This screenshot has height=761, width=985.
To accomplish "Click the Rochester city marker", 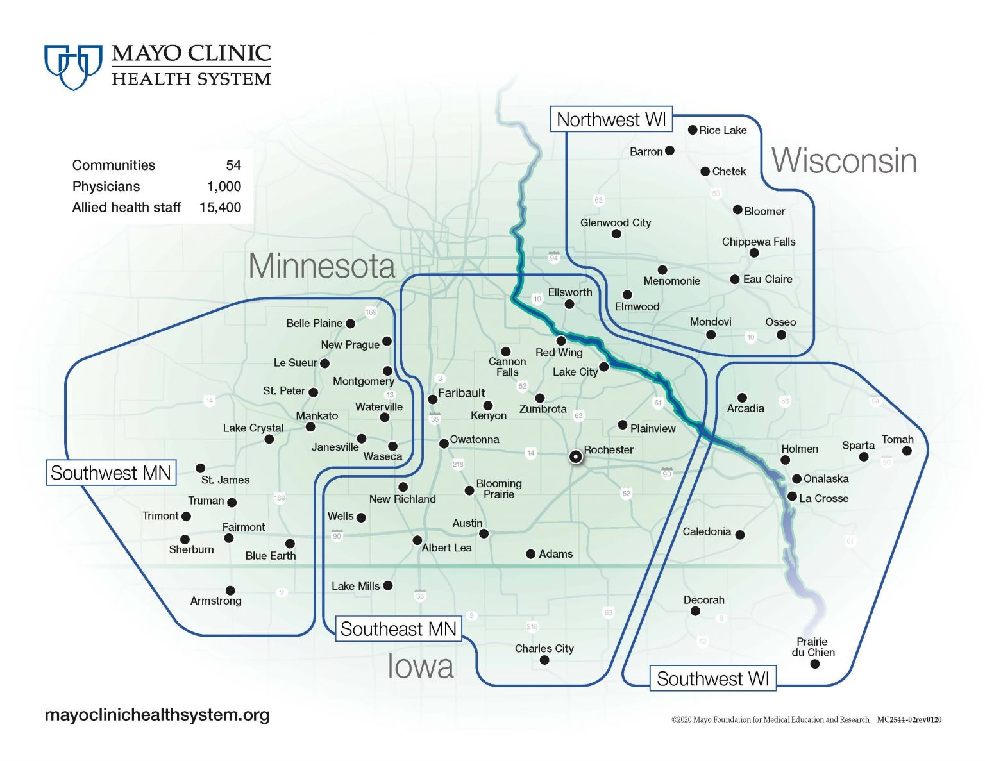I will [x=576, y=456].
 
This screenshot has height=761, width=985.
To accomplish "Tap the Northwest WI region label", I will [x=611, y=120].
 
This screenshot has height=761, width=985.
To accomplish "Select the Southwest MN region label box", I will [x=111, y=473].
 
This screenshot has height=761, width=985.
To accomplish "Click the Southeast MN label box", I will [x=398, y=629].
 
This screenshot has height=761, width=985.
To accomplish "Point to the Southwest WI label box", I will [x=712, y=678].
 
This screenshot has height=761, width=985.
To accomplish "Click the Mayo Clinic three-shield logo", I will [x=73, y=65].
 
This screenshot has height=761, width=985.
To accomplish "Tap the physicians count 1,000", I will [x=224, y=187].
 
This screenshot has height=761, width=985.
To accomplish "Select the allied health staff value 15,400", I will [x=220, y=208].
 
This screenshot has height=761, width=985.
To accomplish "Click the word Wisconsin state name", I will [x=844, y=161].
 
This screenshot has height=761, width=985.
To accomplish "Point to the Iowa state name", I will [x=421, y=667].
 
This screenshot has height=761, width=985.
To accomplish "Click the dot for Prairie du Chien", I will [x=814, y=664].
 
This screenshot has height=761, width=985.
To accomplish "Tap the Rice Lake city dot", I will [x=693, y=130].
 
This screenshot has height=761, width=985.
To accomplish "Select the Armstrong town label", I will [x=216, y=601].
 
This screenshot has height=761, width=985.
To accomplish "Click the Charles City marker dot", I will [x=544, y=660].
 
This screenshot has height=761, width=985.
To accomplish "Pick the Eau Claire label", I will [x=768, y=280].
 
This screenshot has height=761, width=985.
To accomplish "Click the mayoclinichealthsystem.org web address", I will [x=157, y=715].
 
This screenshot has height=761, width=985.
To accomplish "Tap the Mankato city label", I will [x=317, y=416].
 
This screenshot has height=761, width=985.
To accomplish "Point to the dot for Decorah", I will [x=695, y=611].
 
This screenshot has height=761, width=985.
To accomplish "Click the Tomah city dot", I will [x=907, y=451].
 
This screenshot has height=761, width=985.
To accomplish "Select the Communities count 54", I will [x=233, y=165].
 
